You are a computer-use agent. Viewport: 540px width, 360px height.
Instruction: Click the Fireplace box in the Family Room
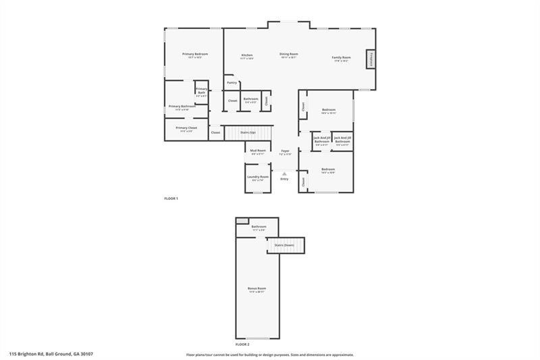coord(371,59)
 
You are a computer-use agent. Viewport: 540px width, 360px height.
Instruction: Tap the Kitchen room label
coord(247,55)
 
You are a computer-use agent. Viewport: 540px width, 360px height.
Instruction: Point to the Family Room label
coord(341,57)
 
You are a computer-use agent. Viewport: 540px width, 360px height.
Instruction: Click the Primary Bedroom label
coord(195,54)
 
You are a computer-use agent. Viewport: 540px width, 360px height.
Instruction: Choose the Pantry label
coord(232,82)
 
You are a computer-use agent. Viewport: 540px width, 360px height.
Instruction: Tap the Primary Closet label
coord(186,128)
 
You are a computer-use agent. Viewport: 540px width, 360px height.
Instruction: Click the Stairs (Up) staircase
coord(248,132)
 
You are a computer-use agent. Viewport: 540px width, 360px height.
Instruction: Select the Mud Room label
coord(258,151)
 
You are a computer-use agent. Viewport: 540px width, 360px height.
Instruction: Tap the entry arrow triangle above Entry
coord(284,174)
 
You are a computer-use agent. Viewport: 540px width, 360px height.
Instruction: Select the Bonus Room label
coord(257,288)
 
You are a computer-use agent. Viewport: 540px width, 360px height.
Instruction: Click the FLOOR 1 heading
coord(170,198)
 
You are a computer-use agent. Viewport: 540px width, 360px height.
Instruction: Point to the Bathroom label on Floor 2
coord(259,227)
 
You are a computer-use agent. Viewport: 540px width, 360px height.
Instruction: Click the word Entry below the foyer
coord(284,179)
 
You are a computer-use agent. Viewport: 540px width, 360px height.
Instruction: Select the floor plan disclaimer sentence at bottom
coord(270,354)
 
